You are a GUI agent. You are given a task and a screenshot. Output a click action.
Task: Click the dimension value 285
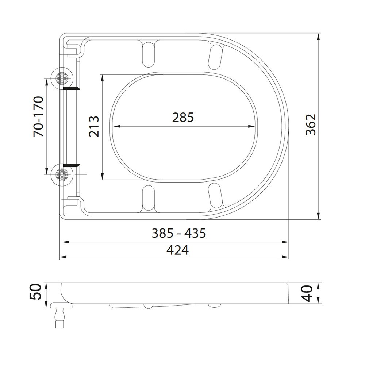point(183,118)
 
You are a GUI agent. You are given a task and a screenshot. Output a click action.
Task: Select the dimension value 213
point(94,126)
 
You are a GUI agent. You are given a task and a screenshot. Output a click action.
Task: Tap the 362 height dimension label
point(310,125)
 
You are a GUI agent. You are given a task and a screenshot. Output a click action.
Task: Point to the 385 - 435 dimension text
point(179,233)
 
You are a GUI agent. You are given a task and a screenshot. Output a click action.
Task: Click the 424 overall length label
point(177,250)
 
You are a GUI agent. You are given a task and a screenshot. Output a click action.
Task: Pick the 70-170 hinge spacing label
point(38,117)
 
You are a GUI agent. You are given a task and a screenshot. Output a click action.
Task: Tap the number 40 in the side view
point(308,294)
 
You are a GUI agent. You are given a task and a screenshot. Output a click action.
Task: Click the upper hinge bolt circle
point(62,78)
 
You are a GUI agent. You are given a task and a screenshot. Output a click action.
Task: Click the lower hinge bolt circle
point(62,174)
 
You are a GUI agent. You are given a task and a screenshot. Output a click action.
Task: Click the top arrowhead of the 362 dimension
point(319,36)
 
